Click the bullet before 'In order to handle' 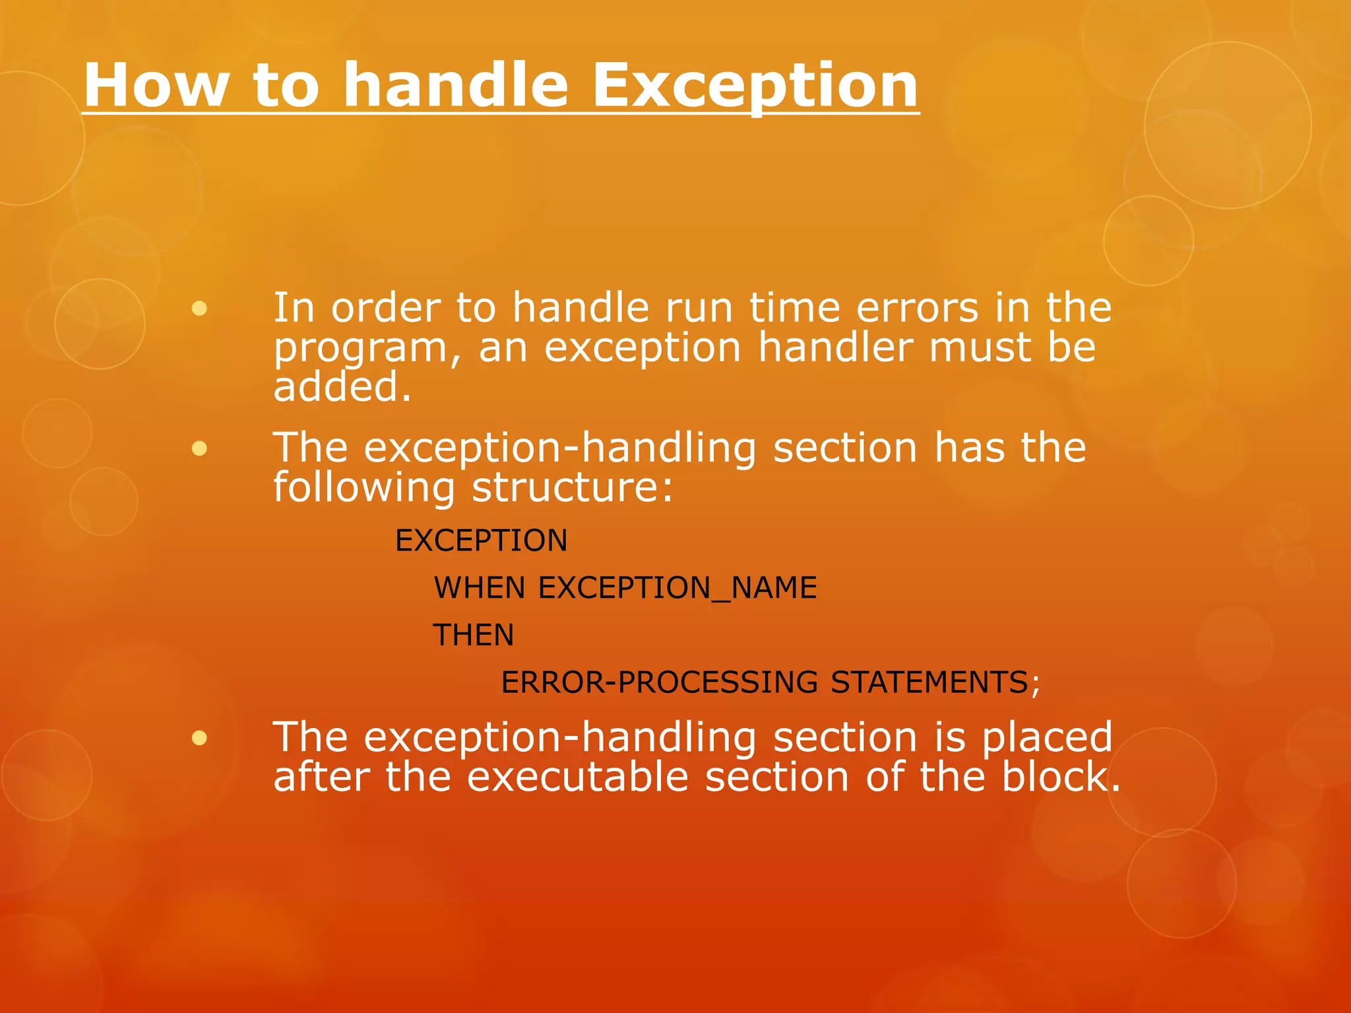(x=199, y=309)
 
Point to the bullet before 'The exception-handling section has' (x=199, y=449)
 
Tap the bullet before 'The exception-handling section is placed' (x=199, y=738)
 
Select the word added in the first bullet (x=342, y=387)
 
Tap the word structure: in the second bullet (x=573, y=489)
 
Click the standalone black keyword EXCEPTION (x=481, y=541)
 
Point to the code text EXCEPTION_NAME (x=677, y=588)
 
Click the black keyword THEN (x=473, y=635)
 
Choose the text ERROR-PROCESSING (x=659, y=683)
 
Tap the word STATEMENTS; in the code (x=935, y=683)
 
